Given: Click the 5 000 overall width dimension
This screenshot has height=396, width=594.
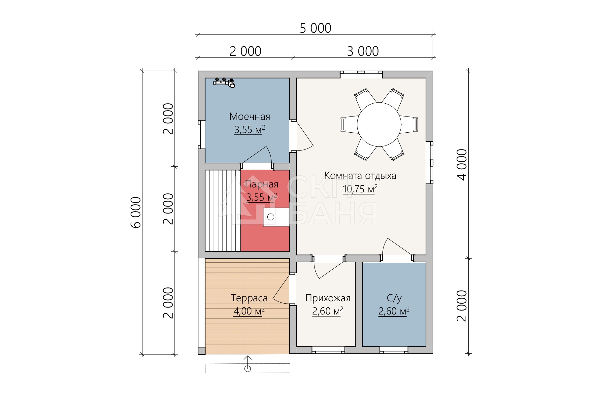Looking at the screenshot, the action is [x=315, y=28].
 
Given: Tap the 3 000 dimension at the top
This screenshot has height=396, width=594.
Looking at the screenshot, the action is [x=363, y=51].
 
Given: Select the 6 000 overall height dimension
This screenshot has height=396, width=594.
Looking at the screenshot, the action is [x=136, y=212].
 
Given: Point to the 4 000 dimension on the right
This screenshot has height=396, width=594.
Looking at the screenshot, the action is [x=462, y=164].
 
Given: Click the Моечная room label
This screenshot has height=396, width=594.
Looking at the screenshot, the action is [x=249, y=116].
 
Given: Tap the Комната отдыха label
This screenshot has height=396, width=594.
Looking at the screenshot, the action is [x=360, y=176].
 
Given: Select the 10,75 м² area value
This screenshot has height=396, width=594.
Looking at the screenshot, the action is [x=360, y=189].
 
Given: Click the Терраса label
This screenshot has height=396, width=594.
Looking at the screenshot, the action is [x=249, y=298].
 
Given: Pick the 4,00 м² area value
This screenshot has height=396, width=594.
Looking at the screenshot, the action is [x=249, y=311].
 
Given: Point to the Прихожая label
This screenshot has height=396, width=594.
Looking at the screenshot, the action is [x=328, y=298].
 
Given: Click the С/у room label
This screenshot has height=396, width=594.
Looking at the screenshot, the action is [x=394, y=298].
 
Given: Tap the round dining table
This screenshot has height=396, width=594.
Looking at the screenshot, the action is [x=379, y=124].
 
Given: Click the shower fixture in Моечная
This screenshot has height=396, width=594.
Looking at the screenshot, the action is [x=224, y=82].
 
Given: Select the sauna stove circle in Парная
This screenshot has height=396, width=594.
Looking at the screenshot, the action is [x=271, y=217].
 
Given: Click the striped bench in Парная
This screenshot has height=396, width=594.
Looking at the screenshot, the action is [x=223, y=211].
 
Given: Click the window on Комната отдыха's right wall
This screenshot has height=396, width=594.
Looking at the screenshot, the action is [x=429, y=162].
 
